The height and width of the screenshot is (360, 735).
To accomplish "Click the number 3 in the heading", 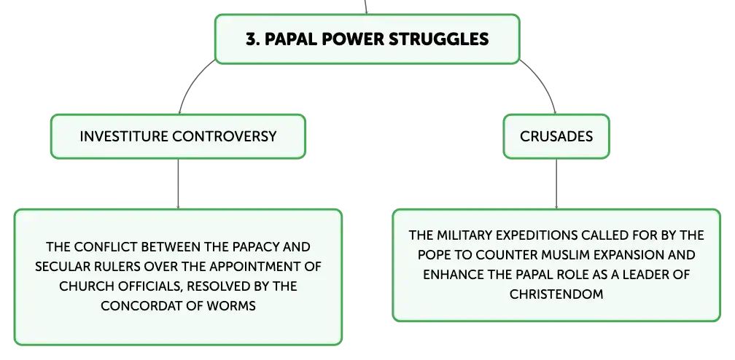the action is coord(252,39).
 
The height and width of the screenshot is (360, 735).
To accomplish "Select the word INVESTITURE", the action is coord(124,136).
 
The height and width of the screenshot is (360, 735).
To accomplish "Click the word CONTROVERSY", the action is coord(225,136).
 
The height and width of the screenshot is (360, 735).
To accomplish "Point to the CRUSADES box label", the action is coord(556,136).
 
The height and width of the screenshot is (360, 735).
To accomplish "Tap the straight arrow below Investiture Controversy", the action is coord(178,184).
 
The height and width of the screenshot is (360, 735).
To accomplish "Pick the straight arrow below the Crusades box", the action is coord(556,184).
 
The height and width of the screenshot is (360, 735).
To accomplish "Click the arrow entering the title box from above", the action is coord(366,7).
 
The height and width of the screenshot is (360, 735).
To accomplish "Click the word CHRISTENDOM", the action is coord(556,294).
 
